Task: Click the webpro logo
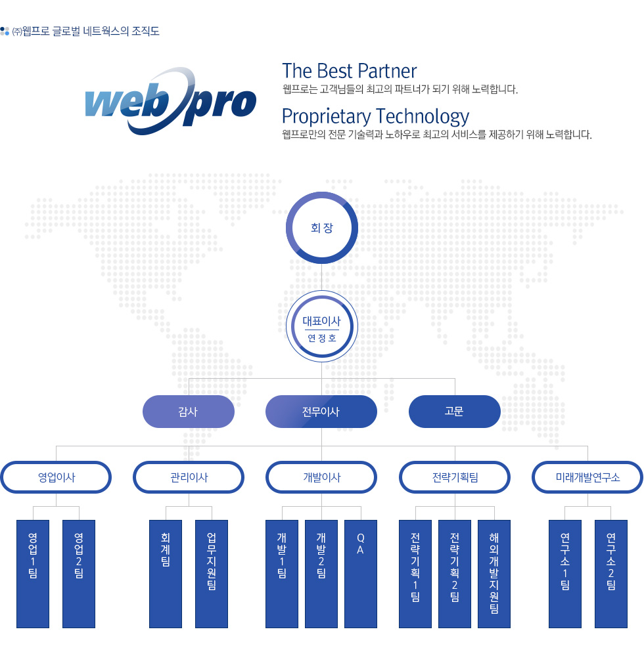(171, 101)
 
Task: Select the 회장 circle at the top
(322, 228)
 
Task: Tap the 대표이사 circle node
(322, 326)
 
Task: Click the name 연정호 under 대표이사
(322, 338)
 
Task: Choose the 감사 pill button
(189, 412)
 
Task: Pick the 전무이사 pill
(321, 412)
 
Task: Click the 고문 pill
(455, 412)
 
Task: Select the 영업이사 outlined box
(57, 477)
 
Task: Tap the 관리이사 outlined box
(189, 477)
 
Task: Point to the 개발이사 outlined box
(321, 477)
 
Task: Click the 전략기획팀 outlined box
(455, 477)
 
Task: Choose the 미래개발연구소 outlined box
(587, 477)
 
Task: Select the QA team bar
(361, 574)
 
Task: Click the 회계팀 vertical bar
(166, 574)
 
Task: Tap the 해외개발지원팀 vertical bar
(494, 574)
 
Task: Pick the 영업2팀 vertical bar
(79, 574)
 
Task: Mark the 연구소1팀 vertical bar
(565, 574)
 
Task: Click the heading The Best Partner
(350, 71)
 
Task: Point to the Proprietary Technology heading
(376, 116)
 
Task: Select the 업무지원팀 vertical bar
(212, 574)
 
